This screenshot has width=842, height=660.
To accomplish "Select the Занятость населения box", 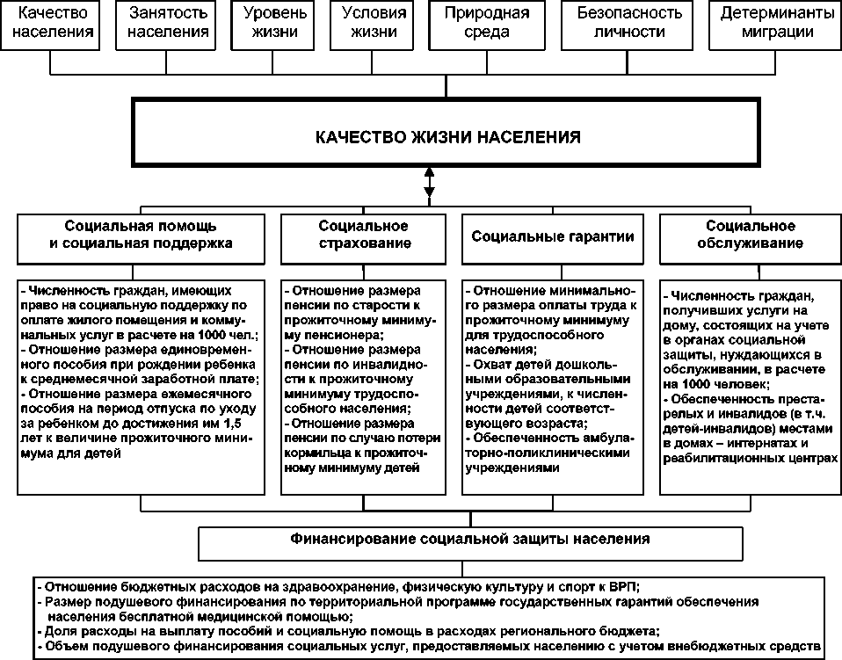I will pyautogui.click(x=168, y=24).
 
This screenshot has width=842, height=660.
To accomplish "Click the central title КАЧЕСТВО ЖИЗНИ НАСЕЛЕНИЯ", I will pyautogui.click(x=447, y=137).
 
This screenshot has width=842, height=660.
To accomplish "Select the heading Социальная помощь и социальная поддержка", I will pyautogui.click(x=141, y=236).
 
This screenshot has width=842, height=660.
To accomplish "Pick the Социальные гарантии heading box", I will pyautogui.click(x=552, y=236).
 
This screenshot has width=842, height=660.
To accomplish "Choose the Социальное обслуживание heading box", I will pyautogui.click(x=751, y=236).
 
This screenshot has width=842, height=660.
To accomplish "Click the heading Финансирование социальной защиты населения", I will pyautogui.click(x=471, y=538).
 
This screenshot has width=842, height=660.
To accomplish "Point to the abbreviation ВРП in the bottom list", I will pyautogui.click(x=620, y=586).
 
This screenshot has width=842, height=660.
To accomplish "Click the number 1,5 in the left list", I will pyautogui.click(x=241, y=424).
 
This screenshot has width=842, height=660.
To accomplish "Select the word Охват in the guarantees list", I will pyautogui.click(x=492, y=364).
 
